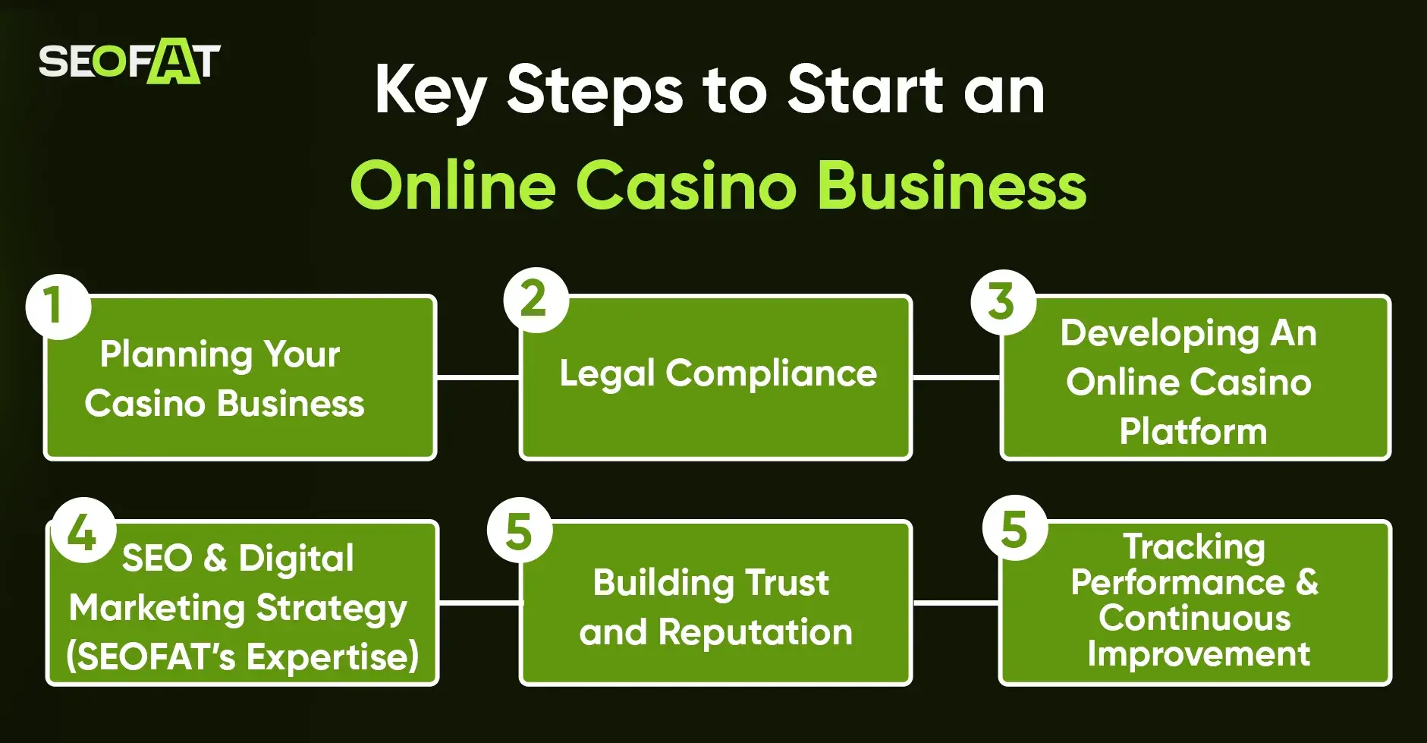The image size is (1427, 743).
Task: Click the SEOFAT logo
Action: tap(129, 61)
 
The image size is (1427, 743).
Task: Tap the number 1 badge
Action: tap(58, 306)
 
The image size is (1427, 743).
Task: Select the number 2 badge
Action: tap(536, 300)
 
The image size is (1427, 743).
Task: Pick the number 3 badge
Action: tap(1003, 302)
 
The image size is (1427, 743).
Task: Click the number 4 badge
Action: tap(83, 530)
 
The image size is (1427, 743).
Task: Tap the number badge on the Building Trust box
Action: tap(520, 530)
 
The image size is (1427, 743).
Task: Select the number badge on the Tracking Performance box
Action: tap(1014, 528)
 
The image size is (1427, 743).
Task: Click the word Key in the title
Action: tap(430, 91)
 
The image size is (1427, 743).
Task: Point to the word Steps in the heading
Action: tap(595, 91)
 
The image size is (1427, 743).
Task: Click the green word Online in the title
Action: tap(453, 186)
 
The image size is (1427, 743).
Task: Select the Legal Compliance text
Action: tap(718, 373)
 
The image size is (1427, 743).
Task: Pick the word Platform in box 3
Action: tap(1193, 431)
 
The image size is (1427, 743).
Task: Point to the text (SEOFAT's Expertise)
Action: tap(243, 656)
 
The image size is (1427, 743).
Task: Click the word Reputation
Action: tap(755, 632)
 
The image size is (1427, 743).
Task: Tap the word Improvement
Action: tap(1199, 653)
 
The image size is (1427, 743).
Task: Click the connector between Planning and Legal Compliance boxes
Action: tap(478, 376)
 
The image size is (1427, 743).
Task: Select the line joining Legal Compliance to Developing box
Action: tap(956, 376)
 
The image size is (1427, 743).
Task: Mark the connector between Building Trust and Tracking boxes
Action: tap(956, 603)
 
